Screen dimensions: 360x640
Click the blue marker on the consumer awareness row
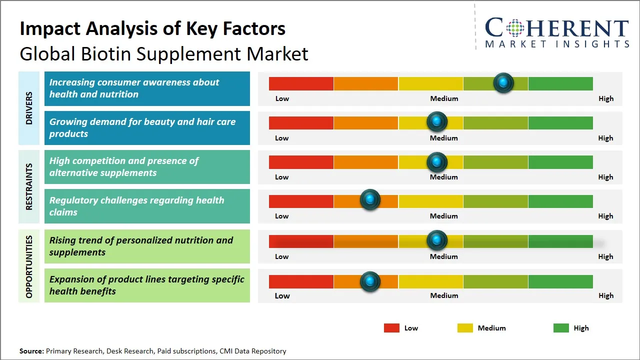coord(503,82)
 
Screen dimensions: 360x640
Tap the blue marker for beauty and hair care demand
coord(437,121)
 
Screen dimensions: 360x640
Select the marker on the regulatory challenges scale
coord(370,200)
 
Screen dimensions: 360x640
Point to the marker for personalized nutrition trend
coord(437,240)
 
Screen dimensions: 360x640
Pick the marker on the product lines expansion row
coord(370,281)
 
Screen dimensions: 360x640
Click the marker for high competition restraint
coord(437,161)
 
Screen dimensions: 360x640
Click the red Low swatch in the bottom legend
coord(391,328)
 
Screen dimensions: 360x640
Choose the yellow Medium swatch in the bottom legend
coord(465,328)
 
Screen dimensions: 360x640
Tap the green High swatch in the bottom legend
coord(561,328)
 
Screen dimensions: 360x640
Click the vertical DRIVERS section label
coord(28,108)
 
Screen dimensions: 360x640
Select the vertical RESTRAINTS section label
coord(28,186)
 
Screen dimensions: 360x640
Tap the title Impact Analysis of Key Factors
coord(152,28)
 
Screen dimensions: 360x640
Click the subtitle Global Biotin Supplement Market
coord(164,53)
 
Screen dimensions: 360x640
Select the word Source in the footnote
coord(31,351)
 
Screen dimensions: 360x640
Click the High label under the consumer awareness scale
coord(605,98)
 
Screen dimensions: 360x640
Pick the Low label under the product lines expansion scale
coord(282,295)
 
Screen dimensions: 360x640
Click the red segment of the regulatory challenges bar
coord(301,201)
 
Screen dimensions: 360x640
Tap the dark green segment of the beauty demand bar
coord(560,122)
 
